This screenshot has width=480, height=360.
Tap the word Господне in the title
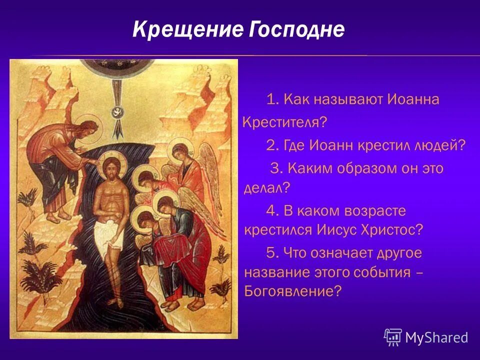click(295, 30)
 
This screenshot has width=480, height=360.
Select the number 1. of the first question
click(272, 99)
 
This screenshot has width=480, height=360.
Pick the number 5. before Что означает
click(272, 252)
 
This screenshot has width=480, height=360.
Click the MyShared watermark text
click(436, 337)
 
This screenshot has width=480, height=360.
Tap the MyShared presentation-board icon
click(393, 337)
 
